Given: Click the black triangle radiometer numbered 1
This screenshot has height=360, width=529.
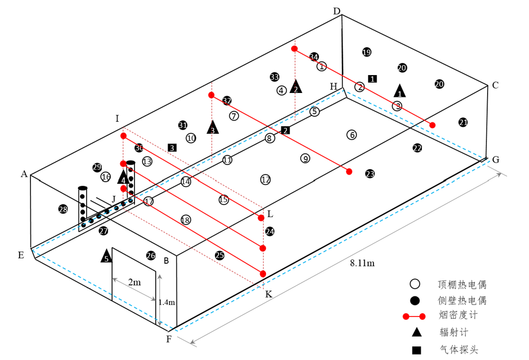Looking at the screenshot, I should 400,91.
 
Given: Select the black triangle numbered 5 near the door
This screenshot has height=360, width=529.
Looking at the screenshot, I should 106,256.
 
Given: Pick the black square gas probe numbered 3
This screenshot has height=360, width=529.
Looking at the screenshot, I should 172,147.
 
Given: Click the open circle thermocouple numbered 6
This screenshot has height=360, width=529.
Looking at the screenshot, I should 352,134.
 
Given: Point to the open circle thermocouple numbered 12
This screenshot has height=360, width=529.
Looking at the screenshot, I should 266,179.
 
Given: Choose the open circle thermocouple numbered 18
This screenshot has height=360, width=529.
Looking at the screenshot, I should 186,220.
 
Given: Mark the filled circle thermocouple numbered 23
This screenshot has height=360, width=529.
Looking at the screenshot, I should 370,173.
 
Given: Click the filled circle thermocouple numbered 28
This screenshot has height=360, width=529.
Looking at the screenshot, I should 63,209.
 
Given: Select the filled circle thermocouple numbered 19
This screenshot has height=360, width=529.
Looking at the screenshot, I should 366,52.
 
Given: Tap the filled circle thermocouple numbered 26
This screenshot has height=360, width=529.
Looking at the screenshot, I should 151,255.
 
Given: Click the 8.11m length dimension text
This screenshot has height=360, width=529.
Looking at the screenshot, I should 362,263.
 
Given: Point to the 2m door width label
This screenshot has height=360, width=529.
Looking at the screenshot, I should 134,282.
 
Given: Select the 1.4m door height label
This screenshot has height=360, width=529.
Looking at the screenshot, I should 167,302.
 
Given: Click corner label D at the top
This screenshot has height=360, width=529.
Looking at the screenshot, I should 336,11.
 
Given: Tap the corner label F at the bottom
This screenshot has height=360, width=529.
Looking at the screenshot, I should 169,340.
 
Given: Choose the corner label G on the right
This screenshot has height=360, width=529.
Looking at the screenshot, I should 495,159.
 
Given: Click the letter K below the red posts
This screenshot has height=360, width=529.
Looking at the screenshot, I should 268,294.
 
